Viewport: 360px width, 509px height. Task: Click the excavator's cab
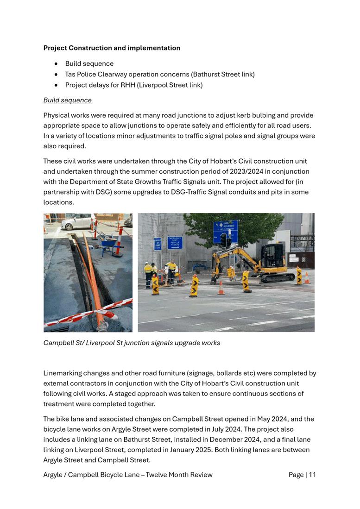coord(273,255)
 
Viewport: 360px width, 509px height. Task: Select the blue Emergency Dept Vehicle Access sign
coord(175,242)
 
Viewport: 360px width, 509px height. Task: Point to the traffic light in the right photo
coord(225,240)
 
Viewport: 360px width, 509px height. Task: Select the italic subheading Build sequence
coord(68,100)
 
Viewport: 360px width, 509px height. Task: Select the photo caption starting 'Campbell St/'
coord(132,343)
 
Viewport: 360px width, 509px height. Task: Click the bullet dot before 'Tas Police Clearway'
coord(56,75)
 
